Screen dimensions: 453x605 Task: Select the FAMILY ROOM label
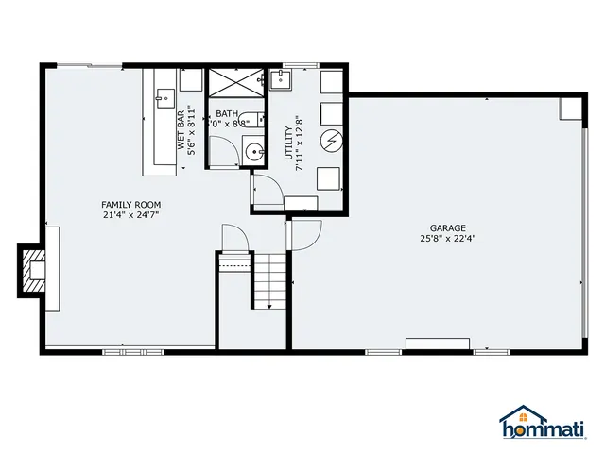(131, 204)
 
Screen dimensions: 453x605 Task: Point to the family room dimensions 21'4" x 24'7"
(131, 215)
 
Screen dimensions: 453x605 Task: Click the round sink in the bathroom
(252, 150)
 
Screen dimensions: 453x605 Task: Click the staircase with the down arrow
(268, 279)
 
